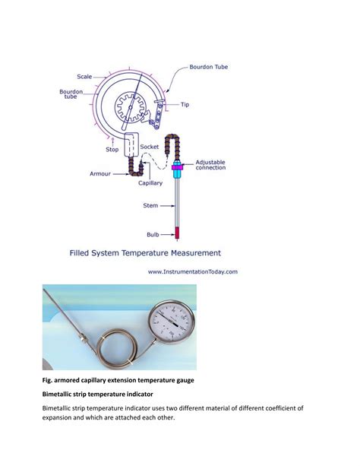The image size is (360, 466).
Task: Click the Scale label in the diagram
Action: click(x=84, y=77)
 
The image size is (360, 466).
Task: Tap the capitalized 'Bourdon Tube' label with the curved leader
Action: click(x=209, y=67)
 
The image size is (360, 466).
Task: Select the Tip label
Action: click(x=185, y=105)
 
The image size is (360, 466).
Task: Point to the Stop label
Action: click(x=112, y=150)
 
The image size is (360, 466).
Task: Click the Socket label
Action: click(x=150, y=147)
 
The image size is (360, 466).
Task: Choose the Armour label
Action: click(x=100, y=174)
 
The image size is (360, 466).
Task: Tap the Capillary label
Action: click(x=150, y=183)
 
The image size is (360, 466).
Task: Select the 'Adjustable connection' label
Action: click(x=210, y=165)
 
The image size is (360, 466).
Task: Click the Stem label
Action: click(x=150, y=205)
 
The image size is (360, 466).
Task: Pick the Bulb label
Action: click(x=153, y=234)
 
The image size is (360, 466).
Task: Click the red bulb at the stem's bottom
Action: click(x=177, y=233)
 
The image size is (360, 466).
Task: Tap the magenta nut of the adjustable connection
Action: click(x=177, y=167)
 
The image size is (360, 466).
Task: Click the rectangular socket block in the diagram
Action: click(x=131, y=144)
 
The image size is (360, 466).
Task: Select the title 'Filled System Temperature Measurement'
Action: click(x=145, y=253)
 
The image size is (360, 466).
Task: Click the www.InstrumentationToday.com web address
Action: click(x=193, y=271)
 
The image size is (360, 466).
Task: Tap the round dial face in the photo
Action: click(x=172, y=322)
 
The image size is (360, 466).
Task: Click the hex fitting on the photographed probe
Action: click(x=83, y=338)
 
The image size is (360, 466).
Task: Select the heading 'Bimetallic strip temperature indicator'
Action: click(x=98, y=394)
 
